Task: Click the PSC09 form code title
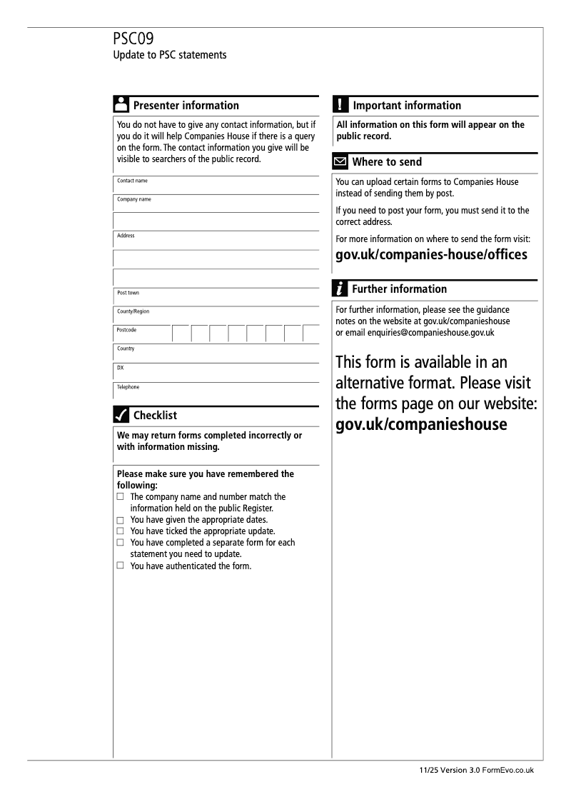(x=133, y=39)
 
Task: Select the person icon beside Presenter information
(x=121, y=105)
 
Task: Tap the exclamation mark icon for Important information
(x=340, y=105)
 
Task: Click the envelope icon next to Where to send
(x=341, y=162)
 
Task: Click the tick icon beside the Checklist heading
(x=121, y=415)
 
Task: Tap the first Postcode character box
(x=181, y=334)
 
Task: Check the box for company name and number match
(x=121, y=496)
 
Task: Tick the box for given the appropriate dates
(x=121, y=520)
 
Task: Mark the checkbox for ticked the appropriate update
(x=121, y=531)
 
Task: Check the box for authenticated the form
(x=121, y=566)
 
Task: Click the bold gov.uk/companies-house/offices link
(x=431, y=255)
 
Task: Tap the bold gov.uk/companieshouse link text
(x=421, y=424)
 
